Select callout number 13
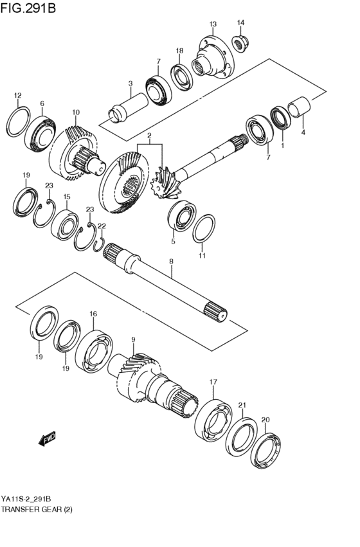[213, 24]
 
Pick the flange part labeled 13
[214, 59]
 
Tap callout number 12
[17, 96]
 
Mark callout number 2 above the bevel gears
[148, 136]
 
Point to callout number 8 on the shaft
[171, 261]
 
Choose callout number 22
[101, 226]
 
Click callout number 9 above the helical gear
[133, 339]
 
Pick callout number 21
[242, 405]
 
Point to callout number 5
[172, 242]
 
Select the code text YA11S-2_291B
[26, 499]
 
